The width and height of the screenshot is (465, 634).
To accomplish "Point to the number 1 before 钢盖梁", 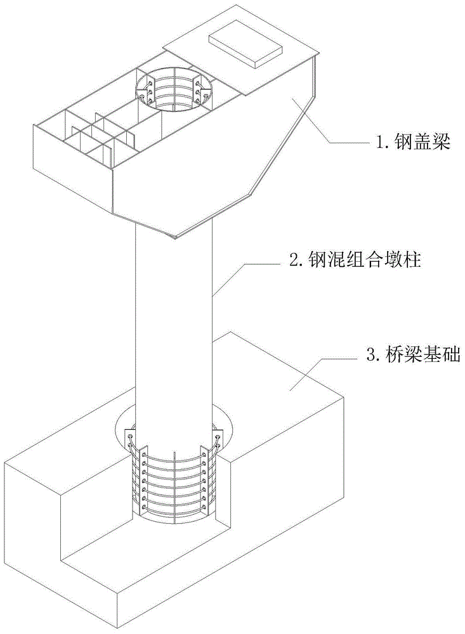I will point(381,143).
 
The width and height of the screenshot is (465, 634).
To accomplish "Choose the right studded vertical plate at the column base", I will point(209,475).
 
